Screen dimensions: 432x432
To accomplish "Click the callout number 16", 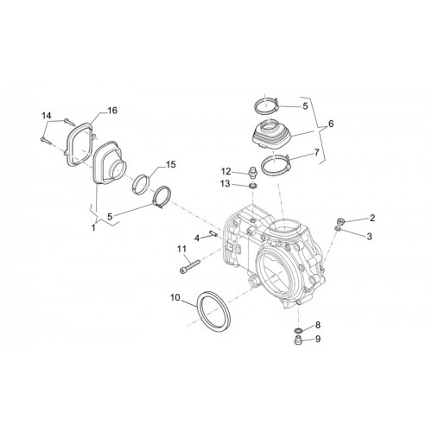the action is point(112,111).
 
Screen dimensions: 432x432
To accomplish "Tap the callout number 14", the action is point(47,116).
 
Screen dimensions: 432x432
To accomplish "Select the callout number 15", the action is point(170,164).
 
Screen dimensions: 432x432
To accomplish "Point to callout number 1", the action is point(93,227).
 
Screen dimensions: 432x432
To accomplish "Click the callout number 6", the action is point(331,124).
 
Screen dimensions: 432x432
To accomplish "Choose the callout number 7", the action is point(317,152).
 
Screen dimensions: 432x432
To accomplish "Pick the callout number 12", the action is point(226,172).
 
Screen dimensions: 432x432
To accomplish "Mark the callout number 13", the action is point(226,183).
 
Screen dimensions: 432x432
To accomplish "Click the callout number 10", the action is point(175,297).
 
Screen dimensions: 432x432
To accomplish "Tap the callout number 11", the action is point(181,249).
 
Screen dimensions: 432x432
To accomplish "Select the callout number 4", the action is point(197,238).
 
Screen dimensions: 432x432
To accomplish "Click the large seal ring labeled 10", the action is point(213,312).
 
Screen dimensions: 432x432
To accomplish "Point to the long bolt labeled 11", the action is point(190,266).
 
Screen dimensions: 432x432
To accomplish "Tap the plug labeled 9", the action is point(298,340).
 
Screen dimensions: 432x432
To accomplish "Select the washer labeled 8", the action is point(298,330).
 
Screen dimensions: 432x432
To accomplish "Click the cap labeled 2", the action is point(340,221).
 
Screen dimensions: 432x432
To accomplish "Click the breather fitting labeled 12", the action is point(252,172).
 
